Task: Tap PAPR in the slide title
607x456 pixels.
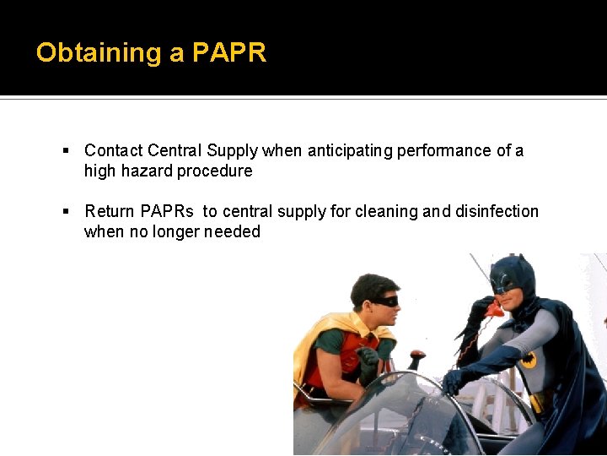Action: click(x=229, y=53)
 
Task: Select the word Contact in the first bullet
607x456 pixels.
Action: click(x=114, y=150)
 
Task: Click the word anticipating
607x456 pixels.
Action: click(x=350, y=150)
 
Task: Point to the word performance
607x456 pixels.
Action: click(x=444, y=150)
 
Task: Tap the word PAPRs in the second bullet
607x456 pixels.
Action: click(x=167, y=211)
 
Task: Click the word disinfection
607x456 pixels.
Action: click(x=497, y=211)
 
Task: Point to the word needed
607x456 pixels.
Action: click(x=232, y=231)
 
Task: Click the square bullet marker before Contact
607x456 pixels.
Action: click(x=66, y=151)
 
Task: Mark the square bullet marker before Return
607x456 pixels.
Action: click(x=66, y=212)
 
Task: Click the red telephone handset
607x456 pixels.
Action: click(x=493, y=309)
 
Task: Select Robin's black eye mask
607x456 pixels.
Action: click(x=384, y=300)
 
